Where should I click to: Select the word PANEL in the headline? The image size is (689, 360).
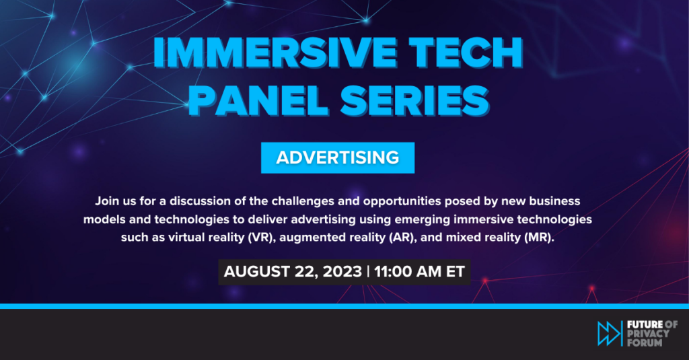(x=258, y=100)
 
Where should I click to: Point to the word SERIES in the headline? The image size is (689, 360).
(x=414, y=100)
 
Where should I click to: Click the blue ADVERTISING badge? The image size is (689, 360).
(x=338, y=157)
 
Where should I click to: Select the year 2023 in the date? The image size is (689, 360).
(x=342, y=272)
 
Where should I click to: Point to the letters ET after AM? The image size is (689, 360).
(x=456, y=272)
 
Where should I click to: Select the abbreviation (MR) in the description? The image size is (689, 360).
(x=538, y=238)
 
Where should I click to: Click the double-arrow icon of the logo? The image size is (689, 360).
(x=609, y=333)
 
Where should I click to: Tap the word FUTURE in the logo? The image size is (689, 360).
(x=645, y=325)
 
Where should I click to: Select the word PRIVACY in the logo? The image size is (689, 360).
(x=648, y=334)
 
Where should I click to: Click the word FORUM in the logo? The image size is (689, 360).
(x=645, y=343)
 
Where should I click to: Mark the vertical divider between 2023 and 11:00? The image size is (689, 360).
(x=368, y=272)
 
